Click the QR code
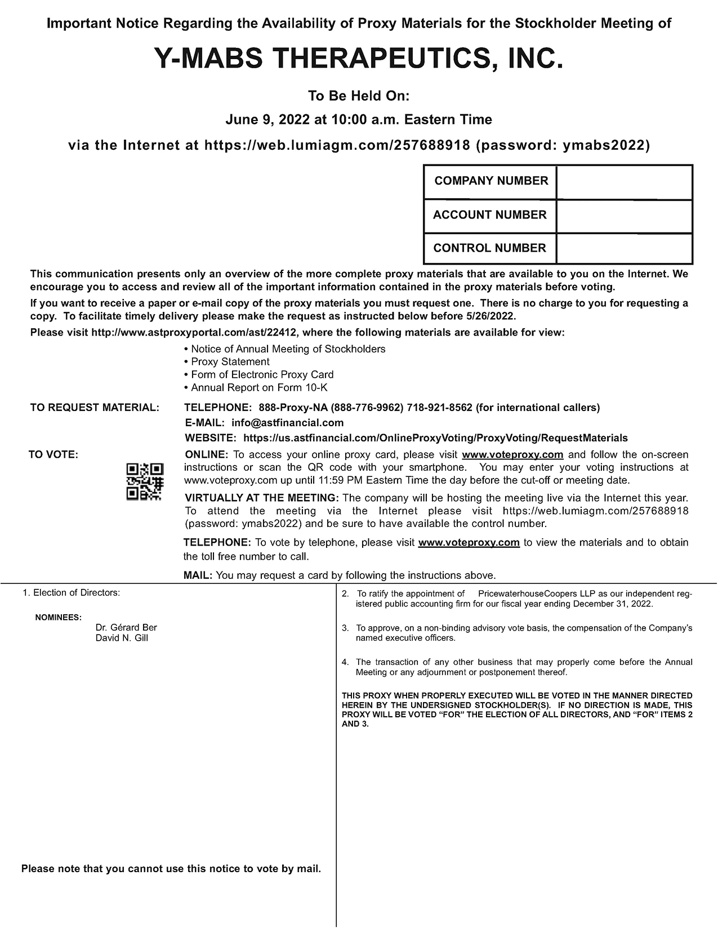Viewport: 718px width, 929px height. [145, 481]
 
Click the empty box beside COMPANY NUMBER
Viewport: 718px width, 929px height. [624, 182]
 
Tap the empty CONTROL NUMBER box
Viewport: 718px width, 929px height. [624, 248]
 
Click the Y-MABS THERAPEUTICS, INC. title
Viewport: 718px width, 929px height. [359, 59]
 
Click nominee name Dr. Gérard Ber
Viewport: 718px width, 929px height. [126, 627]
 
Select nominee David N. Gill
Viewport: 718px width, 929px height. [122, 638]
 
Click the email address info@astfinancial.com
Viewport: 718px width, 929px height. [287, 423]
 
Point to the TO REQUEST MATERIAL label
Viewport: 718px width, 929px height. [95, 408]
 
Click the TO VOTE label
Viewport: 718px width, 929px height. [53, 455]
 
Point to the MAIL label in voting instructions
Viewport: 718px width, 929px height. [197, 575]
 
